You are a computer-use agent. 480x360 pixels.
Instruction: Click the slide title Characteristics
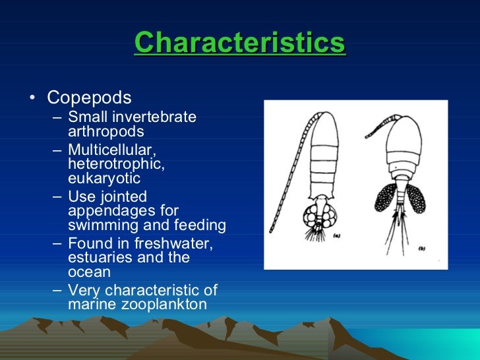[240, 44]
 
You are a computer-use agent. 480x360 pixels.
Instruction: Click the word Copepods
[89, 98]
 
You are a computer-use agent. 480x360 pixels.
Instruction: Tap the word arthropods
[105, 131]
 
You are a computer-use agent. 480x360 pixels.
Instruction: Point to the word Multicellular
[111, 150]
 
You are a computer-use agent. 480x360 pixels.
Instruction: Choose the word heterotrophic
[116, 164]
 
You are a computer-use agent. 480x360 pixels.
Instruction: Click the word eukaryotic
[104, 178]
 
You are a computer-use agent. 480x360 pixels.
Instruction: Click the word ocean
[89, 272]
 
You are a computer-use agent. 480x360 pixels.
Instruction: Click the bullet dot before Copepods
[32, 99]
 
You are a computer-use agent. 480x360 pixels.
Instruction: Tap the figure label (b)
[421, 248]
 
